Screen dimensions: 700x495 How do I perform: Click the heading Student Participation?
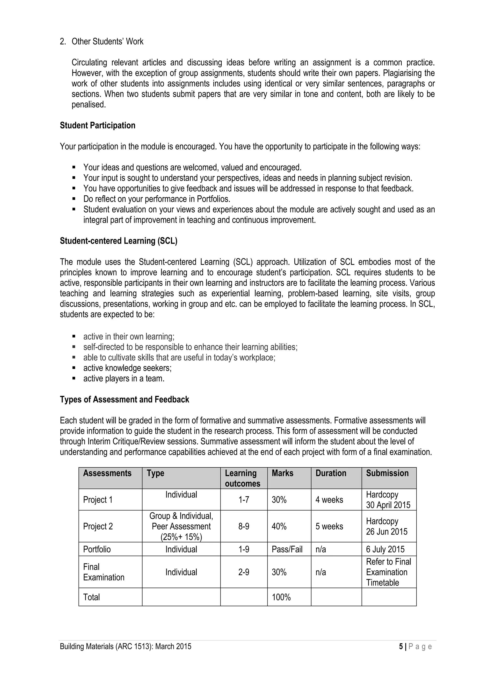tap(97, 126)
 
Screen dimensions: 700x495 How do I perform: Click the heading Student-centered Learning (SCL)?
tap(118, 241)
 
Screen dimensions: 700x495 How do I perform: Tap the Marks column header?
tap(282, 473)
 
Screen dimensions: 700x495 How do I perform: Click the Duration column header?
tap(331, 473)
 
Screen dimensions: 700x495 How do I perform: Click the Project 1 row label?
tap(98, 500)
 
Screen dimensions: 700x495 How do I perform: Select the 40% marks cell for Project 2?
tap(279, 527)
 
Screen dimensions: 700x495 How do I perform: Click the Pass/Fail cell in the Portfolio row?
tap(287, 549)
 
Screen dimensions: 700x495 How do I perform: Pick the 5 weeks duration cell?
tap(329, 527)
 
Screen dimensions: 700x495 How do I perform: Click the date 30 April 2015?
tap(388, 505)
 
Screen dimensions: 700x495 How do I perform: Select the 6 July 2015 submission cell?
tap(385, 549)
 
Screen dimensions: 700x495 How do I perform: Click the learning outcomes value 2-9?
tap(244, 572)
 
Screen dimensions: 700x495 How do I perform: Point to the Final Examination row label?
tap(103, 572)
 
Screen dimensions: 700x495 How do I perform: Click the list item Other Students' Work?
tap(107, 42)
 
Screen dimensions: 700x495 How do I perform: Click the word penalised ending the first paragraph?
tap(88, 105)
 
